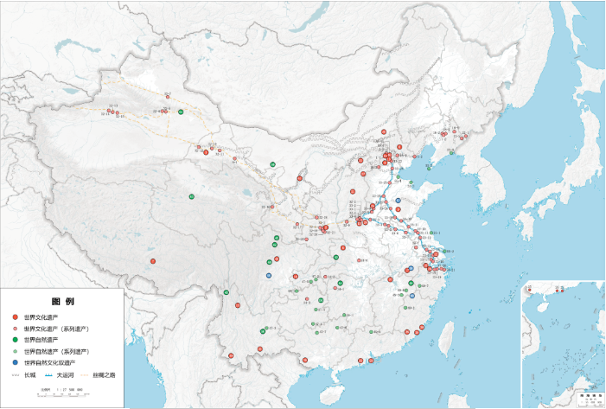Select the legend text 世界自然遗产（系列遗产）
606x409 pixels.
click(56, 352)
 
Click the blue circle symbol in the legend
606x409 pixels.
click(15, 363)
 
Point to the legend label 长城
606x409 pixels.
click(29, 375)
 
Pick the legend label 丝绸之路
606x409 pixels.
click(104, 375)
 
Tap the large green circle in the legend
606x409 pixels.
click(15, 341)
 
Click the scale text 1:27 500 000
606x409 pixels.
click(68, 390)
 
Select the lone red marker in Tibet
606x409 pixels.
click(153, 261)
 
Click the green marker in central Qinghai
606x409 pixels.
click(192, 197)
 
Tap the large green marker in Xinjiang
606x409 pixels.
click(181, 112)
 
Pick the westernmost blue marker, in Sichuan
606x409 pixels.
click(269, 275)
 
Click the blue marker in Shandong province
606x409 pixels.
click(398, 201)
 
